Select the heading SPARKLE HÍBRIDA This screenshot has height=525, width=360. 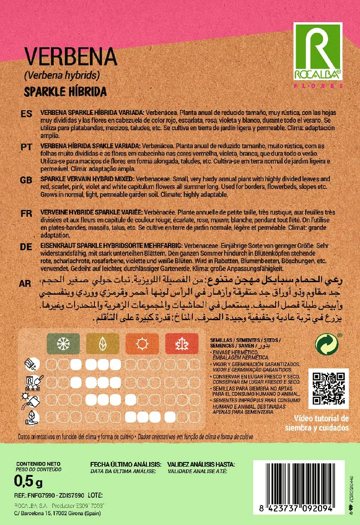click(65, 91)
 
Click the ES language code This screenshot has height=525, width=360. click(26, 114)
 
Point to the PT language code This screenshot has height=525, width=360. click(26, 147)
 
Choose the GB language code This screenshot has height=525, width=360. click(26, 180)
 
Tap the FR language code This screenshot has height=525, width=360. click(26, 213)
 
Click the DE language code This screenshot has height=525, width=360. click(26, 247)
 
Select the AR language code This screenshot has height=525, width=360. click(26, 284)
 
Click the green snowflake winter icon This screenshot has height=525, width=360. click(63, 344)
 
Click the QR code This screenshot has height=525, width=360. click(328, 389)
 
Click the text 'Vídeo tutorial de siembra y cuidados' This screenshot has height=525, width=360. click(317, 423)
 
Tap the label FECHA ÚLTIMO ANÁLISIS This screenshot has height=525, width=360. click(126, 464)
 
